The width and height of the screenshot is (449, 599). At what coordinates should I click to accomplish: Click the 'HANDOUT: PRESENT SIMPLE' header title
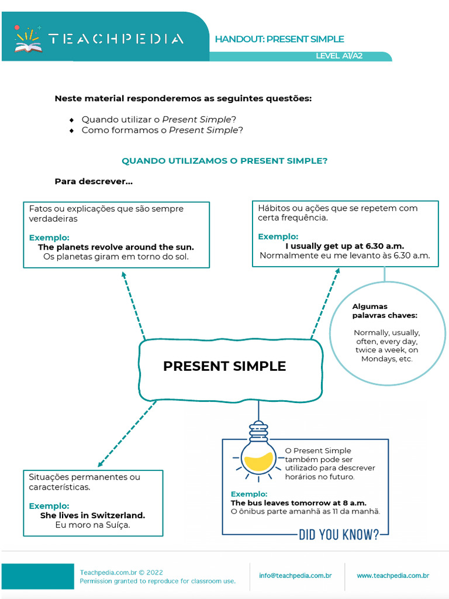279,39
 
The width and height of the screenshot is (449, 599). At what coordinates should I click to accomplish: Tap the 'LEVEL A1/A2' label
339,56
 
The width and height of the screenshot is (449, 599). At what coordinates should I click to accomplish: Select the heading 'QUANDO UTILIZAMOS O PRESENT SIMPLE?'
224,160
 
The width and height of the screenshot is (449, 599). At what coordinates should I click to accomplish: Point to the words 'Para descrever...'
94,181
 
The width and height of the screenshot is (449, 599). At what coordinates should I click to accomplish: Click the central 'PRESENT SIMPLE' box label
224,366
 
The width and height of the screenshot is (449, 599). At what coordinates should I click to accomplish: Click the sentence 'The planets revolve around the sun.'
116,247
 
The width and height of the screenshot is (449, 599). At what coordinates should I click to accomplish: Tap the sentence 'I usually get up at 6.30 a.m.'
340,246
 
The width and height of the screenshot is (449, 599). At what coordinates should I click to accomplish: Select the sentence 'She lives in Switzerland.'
92,515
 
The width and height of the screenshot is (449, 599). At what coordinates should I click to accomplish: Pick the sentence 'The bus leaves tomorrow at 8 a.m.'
299,502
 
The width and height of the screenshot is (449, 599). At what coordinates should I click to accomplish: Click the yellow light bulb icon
258,456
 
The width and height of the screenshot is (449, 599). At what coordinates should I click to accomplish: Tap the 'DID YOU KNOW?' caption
339,534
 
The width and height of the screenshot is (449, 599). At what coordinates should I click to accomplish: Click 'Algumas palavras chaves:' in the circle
385,311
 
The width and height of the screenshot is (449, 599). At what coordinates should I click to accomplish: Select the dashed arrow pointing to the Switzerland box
126,433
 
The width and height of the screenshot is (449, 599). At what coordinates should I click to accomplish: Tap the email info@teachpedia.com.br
295,576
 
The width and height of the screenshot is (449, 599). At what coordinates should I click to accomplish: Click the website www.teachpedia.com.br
393,576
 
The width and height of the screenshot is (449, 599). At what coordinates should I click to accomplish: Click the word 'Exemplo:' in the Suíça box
49,505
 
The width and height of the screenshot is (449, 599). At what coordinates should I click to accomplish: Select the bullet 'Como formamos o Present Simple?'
162,130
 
